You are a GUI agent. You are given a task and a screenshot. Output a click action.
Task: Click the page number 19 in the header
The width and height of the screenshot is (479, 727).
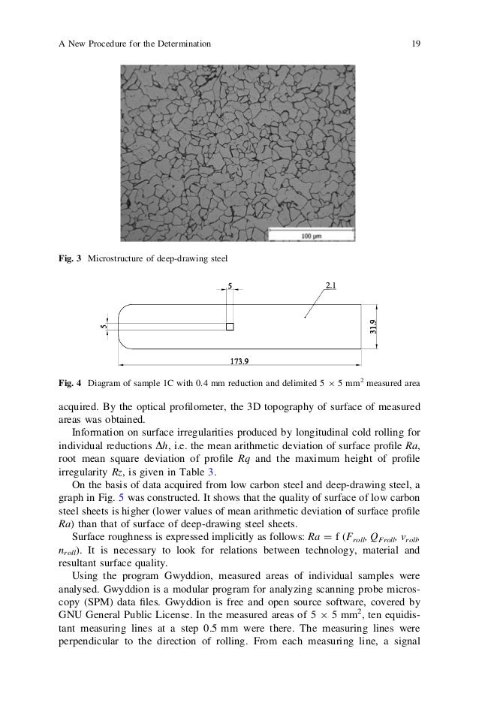coord(415,44)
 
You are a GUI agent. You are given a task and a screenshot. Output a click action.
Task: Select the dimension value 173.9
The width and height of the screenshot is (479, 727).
coord(239,361)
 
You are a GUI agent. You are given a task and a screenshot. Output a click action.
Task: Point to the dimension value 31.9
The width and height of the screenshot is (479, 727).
coord(373,327)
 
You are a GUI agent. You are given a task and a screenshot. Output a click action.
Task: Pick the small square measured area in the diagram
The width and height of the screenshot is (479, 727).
coord(230,327)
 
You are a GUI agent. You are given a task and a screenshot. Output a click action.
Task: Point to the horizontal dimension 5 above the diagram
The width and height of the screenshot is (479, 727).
coord(230,285)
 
